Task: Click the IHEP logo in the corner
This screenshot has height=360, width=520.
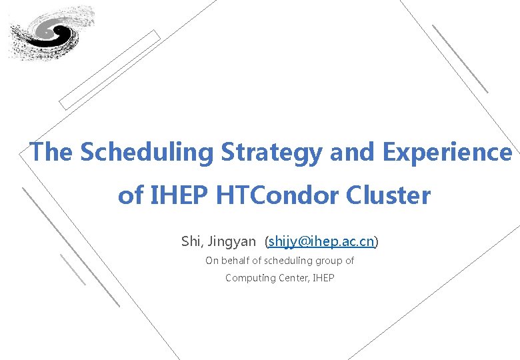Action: point(51,33)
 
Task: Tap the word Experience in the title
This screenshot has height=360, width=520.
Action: point(447,152)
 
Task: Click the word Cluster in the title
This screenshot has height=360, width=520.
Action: point(388,196)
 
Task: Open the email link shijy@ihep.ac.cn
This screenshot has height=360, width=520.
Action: point(321,241)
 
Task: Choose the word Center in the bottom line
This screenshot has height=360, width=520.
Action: point(294,277)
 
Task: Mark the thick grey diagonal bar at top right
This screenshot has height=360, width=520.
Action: point(460,59)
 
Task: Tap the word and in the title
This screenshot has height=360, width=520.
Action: point(353,152)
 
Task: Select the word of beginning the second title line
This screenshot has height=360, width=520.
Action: point(131,196)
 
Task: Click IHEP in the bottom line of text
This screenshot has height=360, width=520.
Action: point(323,277)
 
